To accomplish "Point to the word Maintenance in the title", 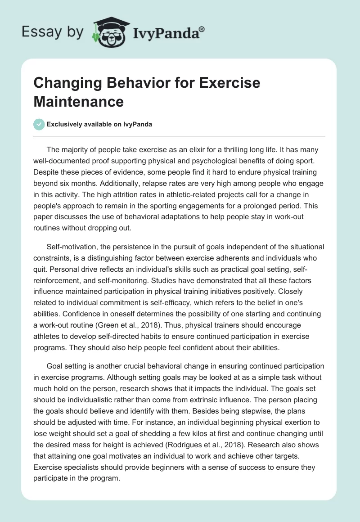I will click(x=78, y=101).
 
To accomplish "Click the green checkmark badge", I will click(x=39, y=124).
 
